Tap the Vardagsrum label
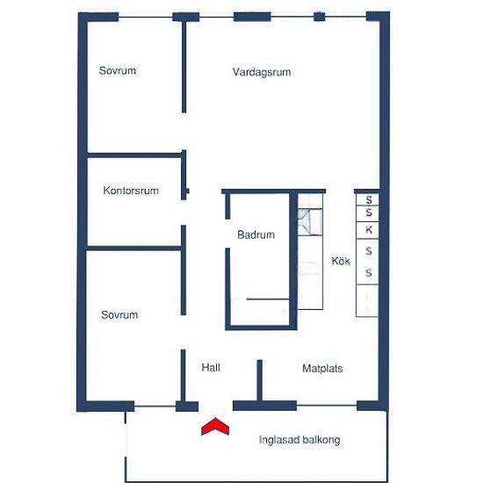(x=262, y=72)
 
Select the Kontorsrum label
(x=131, y=191)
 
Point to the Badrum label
(x=256, y=234)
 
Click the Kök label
(x=341, y=261)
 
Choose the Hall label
(x=211, y=367)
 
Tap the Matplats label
(x=322, y=369)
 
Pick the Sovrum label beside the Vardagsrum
(x=118, y=70)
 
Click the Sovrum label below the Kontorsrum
(x=119, y=314)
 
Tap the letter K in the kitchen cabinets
(x=369, y=229)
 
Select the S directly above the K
(x=369, y=213)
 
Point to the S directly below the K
(x=369, y=251)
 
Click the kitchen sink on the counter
(x=310, y=222)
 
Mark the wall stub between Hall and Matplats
(x=260, y=380)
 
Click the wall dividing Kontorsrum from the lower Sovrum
(x=133, y=249)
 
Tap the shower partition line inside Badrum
(x=268, y=299)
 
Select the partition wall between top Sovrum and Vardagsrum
(x=184, y=67)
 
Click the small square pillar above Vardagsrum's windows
(x=320, y=17)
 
